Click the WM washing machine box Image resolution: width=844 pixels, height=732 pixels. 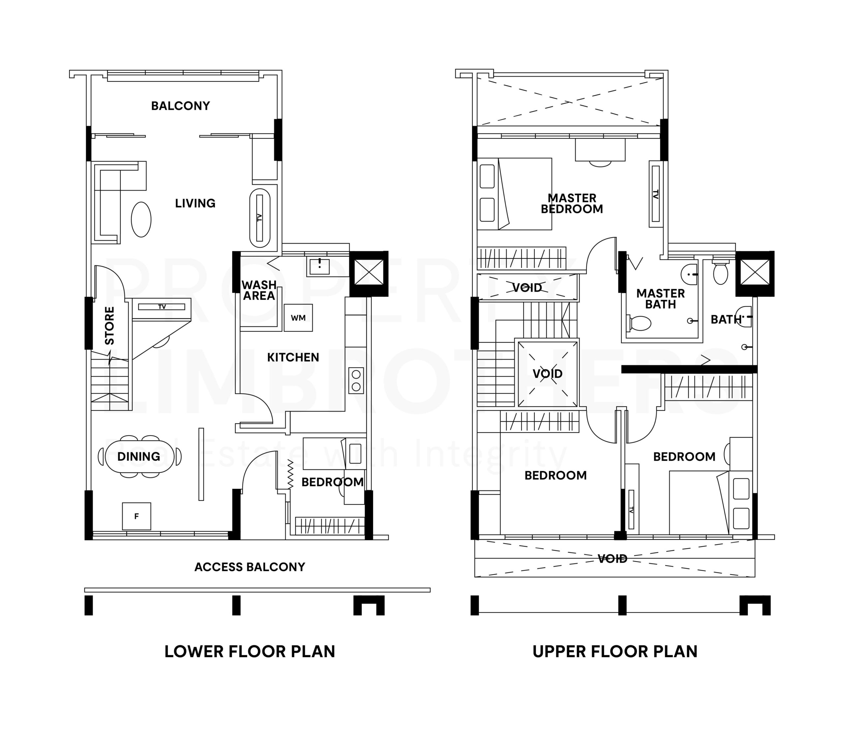[x=298, y=318]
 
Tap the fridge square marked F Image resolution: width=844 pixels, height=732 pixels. [x=137, y=516]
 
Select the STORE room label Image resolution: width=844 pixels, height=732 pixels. [x=109, y=326]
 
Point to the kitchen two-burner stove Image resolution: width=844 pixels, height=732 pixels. [x=356, y=380]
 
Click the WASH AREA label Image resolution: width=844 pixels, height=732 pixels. [x=259, y=290]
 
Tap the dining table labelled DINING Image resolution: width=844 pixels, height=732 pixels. [x=139, y=456]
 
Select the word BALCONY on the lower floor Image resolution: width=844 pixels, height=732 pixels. [x=181, y=106]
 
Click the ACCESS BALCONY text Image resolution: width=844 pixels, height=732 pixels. [x=250, y=567]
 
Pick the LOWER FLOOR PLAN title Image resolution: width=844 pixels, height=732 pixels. [x=250, y=652]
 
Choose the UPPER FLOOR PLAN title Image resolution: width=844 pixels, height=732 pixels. [x=615, y=652]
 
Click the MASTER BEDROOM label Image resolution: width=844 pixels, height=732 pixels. [x=572, y=203]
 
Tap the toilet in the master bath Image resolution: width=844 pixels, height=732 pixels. [x=639, y=323]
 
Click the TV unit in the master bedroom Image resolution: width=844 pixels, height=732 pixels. [x=655, y=194]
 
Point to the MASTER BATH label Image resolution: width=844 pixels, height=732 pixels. [x=661, y=299]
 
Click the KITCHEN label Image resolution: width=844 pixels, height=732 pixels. [x=293, y=357]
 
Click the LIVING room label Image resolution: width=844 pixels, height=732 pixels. [x=195, y=203]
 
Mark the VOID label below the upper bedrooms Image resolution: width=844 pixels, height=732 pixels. [x=612, y=559]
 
